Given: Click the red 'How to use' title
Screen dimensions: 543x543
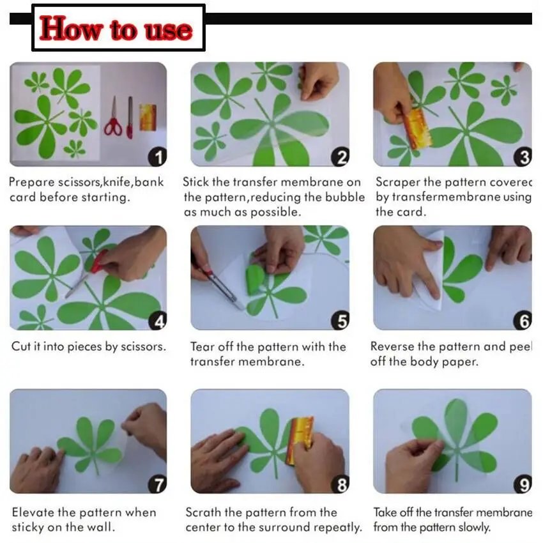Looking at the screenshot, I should [116, 29].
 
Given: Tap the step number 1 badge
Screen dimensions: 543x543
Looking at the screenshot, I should [157, 157].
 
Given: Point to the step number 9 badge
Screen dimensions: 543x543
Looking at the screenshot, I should [523, 486].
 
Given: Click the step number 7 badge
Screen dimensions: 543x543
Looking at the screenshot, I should [157, 486].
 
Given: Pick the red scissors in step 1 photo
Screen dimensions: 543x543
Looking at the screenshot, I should [114, 118].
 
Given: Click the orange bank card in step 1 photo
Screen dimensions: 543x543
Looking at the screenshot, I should [148, 117].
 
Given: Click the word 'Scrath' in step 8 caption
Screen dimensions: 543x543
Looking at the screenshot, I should [204, 512].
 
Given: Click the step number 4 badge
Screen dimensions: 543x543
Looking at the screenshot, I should [157, 321].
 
